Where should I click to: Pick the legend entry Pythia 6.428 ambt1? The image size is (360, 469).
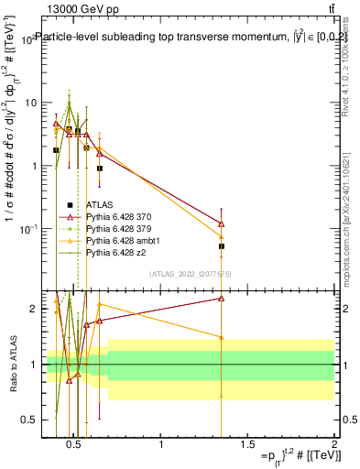120,239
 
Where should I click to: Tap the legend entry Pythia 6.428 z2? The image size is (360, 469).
115,251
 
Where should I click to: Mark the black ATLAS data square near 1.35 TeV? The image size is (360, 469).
222,246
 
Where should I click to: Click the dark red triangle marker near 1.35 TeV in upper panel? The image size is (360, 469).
222,223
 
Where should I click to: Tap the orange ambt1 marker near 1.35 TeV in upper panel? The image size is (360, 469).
222,237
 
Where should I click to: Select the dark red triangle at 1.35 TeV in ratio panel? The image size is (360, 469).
222,298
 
